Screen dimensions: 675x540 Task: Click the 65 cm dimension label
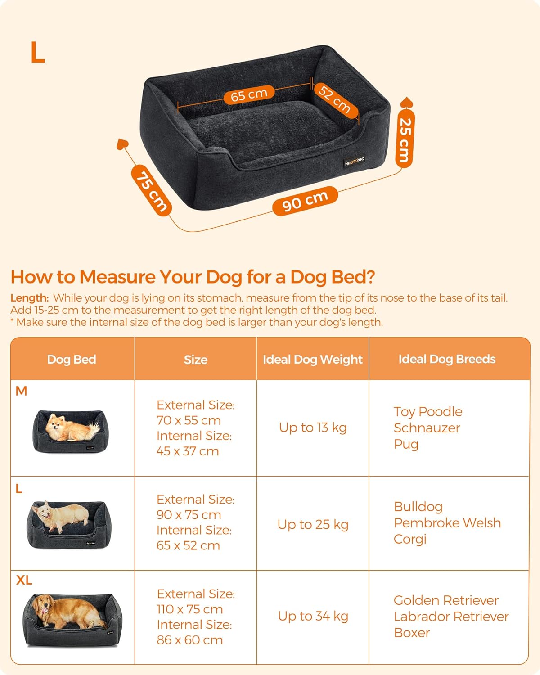click(249, 94)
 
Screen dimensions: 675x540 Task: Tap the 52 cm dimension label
click(335, 99)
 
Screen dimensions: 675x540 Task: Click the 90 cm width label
click(305, 201)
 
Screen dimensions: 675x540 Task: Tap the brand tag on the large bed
click(355, 161)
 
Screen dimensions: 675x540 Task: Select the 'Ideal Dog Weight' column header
click(313, 359)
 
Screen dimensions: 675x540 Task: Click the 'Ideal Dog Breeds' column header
click(447, 359)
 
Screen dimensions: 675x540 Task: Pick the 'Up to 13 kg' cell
click(313, 427)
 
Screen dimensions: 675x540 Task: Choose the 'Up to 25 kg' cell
click(313, 524)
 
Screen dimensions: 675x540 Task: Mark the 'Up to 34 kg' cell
click(313, 616)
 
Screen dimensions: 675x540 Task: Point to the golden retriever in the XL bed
click(67, 611)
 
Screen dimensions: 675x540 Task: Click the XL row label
click(24, 580)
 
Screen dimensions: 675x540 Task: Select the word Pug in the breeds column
click(406, 444)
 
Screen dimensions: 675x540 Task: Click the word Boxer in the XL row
click(412, 633)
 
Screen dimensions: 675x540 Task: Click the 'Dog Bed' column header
click(72, 359)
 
